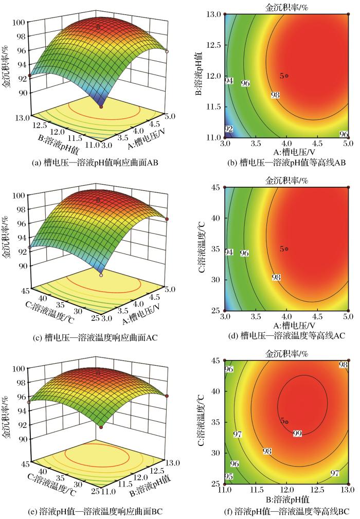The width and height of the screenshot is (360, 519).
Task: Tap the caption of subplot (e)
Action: point(95,511)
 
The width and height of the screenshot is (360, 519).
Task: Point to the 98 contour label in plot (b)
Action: point(276,95)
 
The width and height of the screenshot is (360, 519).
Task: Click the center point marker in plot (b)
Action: point(286,76)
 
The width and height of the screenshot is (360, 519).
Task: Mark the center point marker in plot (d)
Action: point(286,249)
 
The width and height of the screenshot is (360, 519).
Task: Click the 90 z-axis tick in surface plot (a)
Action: point(21,93)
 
